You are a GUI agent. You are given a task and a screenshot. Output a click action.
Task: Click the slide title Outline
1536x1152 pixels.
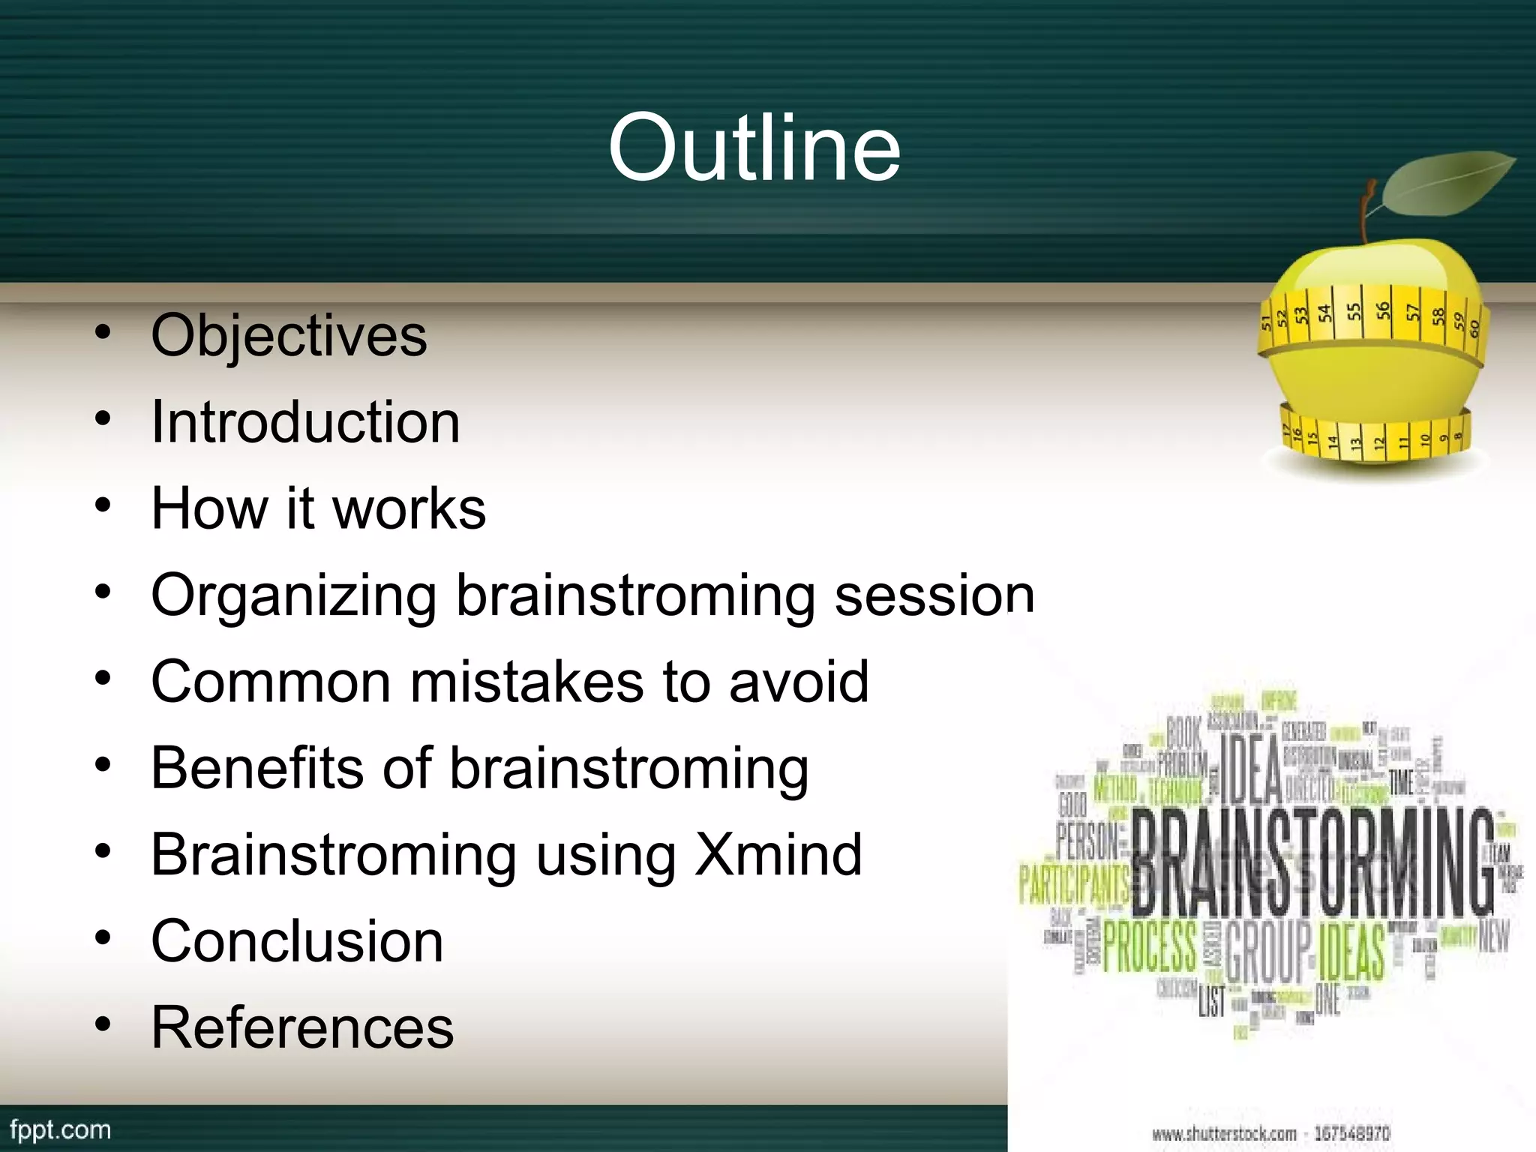pos(754,147)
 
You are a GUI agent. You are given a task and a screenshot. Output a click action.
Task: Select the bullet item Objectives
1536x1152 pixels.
pos(289,335)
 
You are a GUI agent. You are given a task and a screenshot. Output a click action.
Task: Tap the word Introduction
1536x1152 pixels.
pos(305,422)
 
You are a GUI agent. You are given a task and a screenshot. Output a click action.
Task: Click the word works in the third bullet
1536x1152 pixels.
pos(409,508)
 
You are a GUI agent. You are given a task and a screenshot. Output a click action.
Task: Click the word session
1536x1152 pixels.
pos(934,595)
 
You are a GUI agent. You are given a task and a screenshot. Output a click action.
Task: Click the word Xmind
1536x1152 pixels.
pos(778,854)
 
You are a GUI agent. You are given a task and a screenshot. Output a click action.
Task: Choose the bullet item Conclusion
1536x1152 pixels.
pos(297,941)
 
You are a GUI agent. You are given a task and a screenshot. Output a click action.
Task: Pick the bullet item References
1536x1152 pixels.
pos(302,1027)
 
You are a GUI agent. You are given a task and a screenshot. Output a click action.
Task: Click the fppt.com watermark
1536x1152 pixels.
pos(60,1129)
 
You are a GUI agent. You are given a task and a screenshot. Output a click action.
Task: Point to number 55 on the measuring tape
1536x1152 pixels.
pos(1354,312)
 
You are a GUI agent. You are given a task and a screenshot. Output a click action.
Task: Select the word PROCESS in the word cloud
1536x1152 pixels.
pos(1149,946)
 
